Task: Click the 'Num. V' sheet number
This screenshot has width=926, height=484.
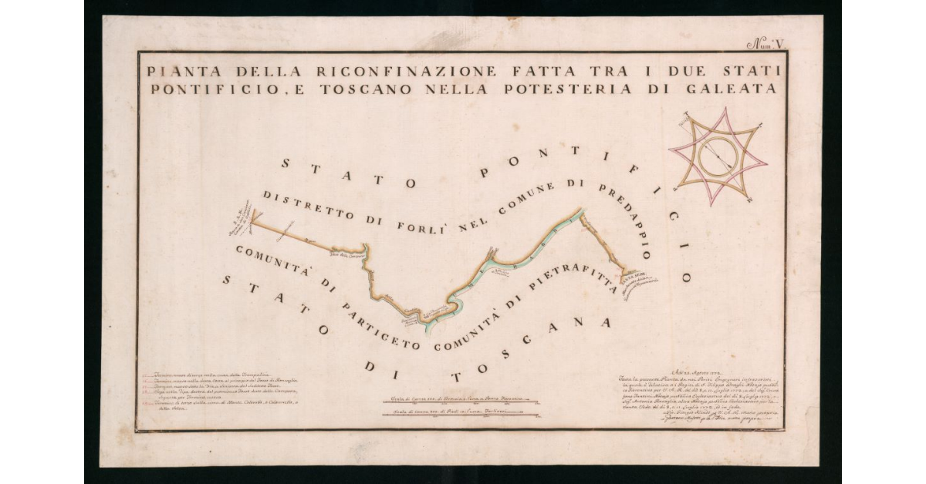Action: point(767,44)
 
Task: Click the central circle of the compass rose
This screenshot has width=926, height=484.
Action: point(718,155)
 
